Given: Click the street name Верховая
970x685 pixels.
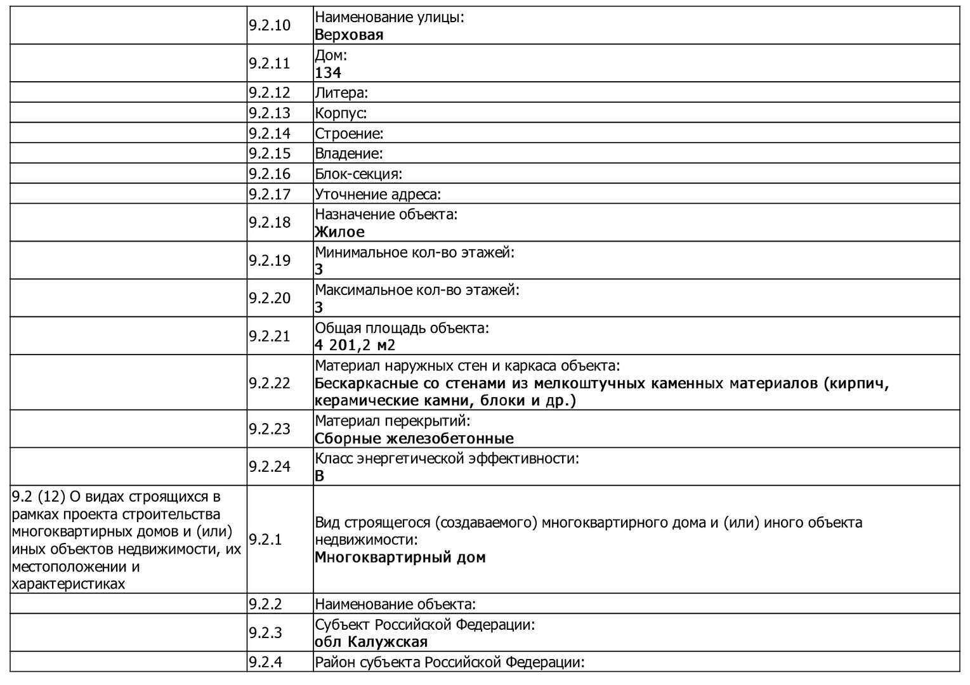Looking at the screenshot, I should click(x=349, y=35).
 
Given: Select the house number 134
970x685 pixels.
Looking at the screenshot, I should click(x=328, y=73).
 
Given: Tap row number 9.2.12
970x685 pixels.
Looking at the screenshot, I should click(x=269, y=93).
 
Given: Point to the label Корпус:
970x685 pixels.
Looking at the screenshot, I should click(x=341, y=113).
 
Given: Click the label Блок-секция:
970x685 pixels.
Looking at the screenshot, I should click(x=358, y=174).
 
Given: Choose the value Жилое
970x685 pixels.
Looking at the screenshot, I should click(x=339, y=232).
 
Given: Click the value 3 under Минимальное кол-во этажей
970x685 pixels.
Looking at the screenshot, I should click(x=319, y=270).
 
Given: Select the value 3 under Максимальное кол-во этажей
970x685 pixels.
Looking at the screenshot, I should click(x=319, y=308).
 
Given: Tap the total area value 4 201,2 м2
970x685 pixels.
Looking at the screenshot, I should click(x=355, y=346).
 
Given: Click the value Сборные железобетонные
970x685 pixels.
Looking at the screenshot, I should click(x=414, y=438).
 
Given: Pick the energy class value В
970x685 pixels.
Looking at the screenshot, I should click(x=319, y=476).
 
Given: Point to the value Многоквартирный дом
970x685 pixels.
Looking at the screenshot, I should click(x=400, y=558).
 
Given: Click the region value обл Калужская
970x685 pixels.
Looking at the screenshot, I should click(x=371, y=642).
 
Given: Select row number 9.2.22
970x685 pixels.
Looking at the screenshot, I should click(x=269, y=383).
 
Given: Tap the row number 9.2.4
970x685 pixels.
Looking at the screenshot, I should click(x=265, y=662).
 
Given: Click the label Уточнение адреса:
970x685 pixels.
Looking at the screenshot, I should click(x=378, y=194).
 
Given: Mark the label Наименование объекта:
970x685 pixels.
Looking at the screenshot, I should click(x=395, y=604).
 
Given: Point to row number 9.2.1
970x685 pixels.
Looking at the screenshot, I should click(x=265, y=540).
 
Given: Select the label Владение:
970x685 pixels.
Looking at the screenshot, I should click(x=349, y=153).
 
